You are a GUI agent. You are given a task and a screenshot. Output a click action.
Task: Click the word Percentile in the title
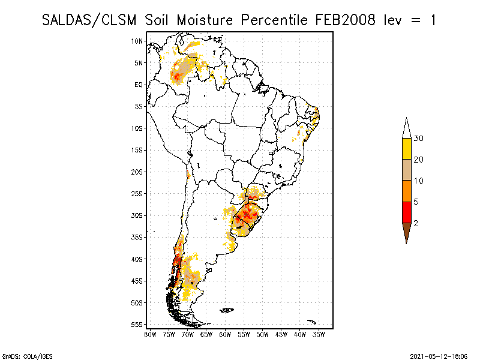pos(275,20)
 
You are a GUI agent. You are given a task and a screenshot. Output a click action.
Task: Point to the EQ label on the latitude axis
pos(139,85)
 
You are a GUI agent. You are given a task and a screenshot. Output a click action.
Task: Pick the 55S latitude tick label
pos(137,325)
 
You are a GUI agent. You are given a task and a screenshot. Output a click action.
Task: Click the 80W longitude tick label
pos(150,334)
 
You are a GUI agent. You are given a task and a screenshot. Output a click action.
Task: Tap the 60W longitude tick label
pos(225,334)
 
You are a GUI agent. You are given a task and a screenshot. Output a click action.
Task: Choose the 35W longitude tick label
pos(319,334)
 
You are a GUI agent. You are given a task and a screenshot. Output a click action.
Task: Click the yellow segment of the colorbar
pos(406,149)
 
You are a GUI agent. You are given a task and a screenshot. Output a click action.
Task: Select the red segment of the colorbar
pos(406,212)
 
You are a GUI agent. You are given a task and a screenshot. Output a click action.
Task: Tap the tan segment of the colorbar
pos(406,170)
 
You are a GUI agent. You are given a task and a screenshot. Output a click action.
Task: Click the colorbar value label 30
pos(419,139)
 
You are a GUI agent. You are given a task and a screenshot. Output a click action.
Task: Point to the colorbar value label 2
pos(416,223)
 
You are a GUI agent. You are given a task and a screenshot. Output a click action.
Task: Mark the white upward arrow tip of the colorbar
pos(406,128)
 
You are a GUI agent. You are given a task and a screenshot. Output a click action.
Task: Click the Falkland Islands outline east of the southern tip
pos(226,310)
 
